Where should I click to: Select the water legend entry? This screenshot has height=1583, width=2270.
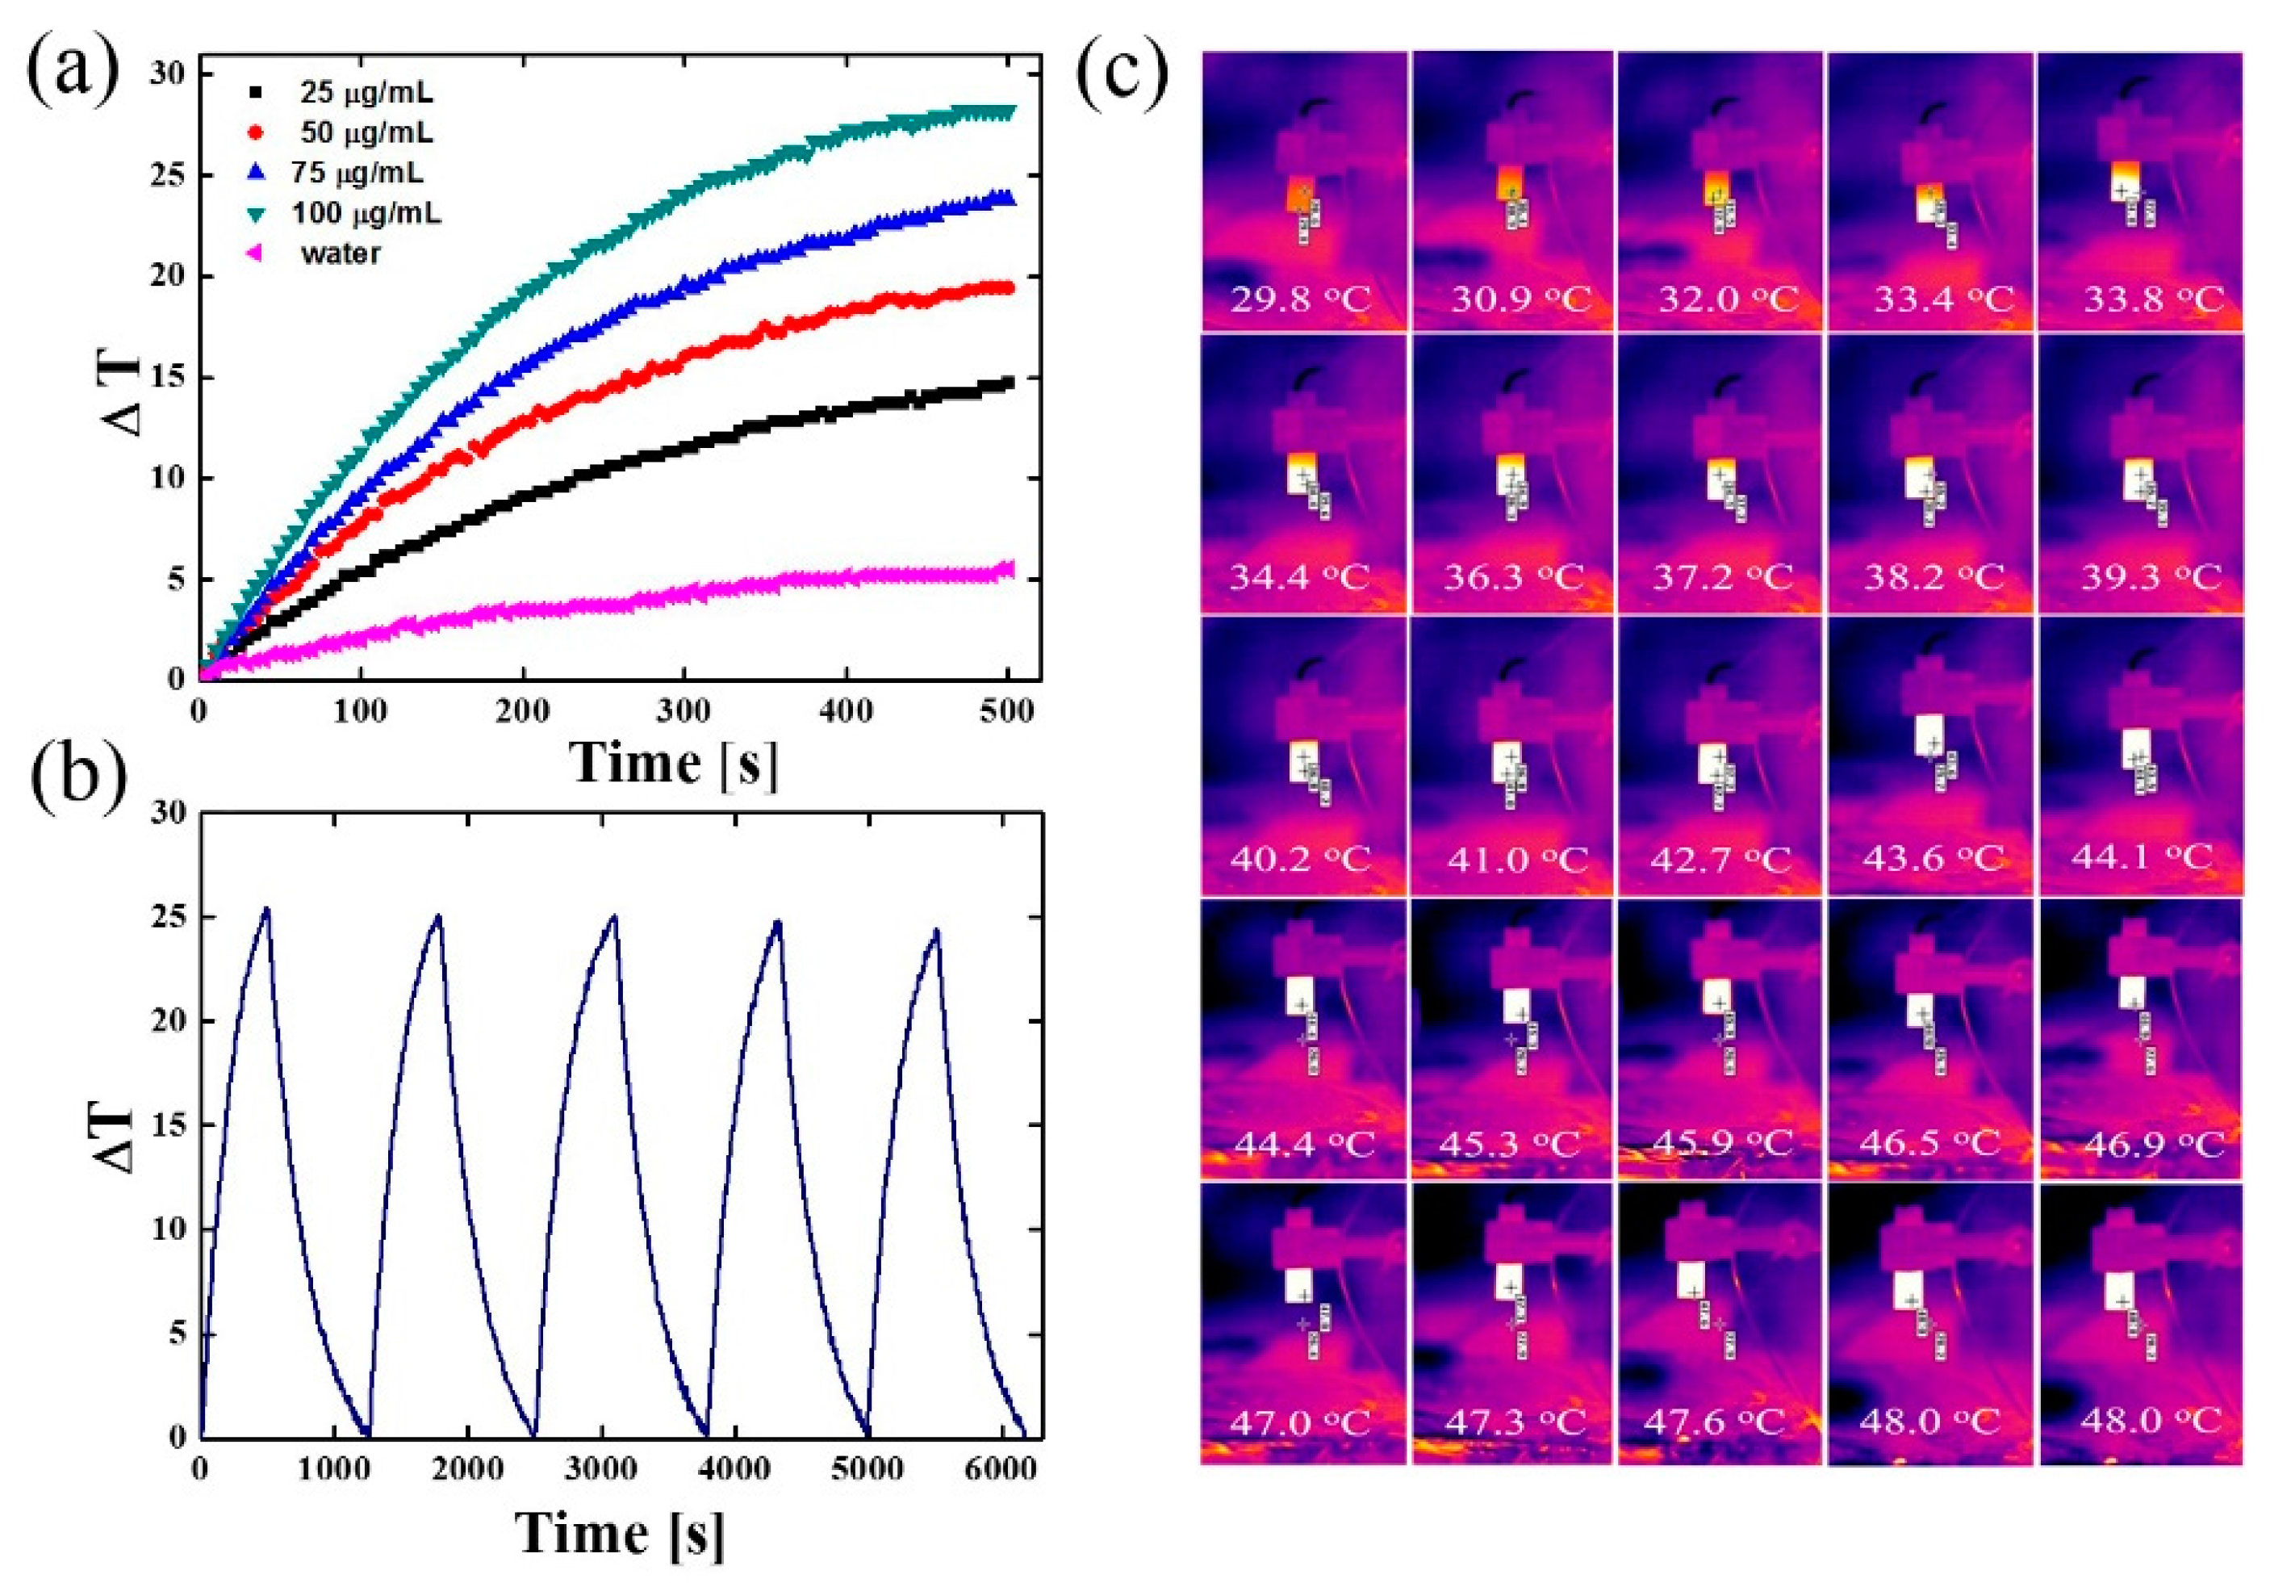[339, 254]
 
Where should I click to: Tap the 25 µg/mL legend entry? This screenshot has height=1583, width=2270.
[366, 94]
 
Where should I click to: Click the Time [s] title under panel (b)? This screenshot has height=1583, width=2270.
[620, 1534]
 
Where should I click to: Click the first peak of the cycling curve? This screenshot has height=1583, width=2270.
[265, 907]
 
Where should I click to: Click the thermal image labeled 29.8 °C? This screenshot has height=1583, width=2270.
[1303, 188]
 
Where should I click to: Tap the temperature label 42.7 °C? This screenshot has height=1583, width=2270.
[1720, 858]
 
